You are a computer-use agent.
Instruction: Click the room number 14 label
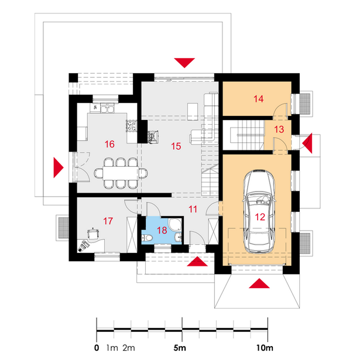[258, 99]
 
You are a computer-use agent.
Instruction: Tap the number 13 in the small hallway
[279, 129]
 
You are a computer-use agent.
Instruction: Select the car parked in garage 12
[259, 211]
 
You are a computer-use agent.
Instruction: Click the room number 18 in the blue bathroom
[162, 230]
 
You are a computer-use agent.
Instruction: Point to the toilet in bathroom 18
[146, 237]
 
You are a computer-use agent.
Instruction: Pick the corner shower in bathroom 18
[175, 224]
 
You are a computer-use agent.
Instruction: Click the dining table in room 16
[121, 173]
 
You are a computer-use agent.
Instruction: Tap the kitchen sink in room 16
[107, 108]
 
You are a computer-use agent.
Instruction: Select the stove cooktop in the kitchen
[131, 126]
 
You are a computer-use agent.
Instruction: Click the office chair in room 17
[93, 234]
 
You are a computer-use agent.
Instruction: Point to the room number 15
[176, 146]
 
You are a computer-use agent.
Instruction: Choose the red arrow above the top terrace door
[184, 63]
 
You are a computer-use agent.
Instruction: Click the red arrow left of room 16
[59, 167]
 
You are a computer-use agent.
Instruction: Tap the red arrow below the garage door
[259, 283]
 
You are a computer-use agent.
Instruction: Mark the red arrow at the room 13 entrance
[307, 143]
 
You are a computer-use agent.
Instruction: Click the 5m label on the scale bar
[180, 348]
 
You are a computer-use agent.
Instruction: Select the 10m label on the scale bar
[265, 348]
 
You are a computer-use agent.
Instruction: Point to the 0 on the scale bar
[97, 348]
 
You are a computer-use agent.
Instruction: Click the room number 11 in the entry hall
[193, 209]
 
